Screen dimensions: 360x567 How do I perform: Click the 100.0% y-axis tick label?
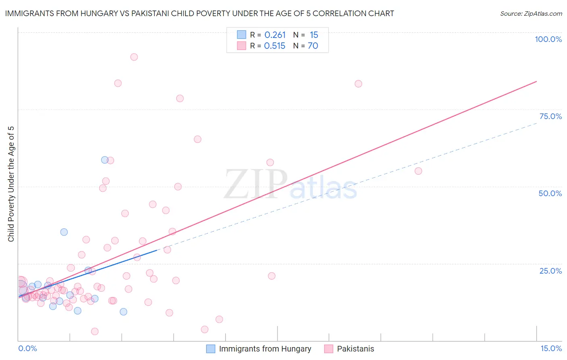548,39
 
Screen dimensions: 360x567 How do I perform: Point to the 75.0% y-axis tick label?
550,116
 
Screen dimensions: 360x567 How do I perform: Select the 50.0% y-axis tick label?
550,193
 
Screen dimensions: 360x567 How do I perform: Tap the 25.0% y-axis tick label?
550,270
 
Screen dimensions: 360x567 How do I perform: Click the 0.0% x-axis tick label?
27,348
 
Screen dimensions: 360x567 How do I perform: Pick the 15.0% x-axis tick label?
551,348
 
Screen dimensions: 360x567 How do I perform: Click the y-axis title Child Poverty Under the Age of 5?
11,184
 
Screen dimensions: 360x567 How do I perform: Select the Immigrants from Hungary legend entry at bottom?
265,349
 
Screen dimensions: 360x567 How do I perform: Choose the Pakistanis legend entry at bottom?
355,349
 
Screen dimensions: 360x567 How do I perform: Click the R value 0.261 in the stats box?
275,35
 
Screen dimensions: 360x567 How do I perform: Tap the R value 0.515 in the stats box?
275,46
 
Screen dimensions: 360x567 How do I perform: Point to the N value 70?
313,46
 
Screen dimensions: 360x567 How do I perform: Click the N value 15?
314,35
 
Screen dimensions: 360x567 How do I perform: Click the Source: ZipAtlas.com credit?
531,14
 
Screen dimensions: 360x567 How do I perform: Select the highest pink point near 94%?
134,57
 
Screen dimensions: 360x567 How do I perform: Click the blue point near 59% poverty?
104,160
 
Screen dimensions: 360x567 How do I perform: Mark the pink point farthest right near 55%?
418,171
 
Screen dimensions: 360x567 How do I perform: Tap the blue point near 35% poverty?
64,232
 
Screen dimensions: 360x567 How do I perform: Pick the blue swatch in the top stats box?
241,35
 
